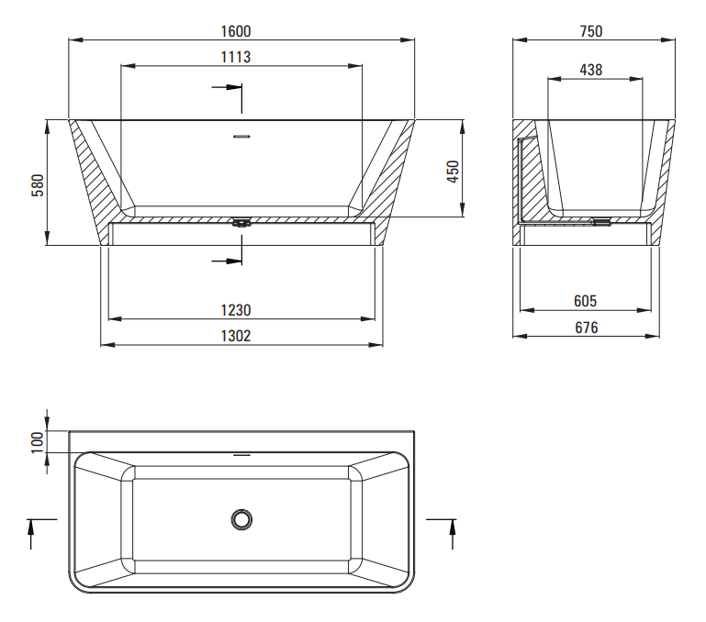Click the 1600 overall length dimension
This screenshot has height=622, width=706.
click(236, 31)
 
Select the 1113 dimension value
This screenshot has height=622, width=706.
click(236, 57)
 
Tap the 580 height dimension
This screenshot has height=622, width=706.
click(38, 185)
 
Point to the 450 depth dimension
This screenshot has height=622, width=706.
click(453, 172)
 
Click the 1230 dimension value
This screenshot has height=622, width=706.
click(236, 310)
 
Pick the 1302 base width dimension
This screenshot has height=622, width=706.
click(236, 336)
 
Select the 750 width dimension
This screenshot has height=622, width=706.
click(591, 31)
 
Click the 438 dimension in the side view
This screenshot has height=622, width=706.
click(591, 70)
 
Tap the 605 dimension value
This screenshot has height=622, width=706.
click(586, 301)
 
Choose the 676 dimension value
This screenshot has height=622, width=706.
click(587, 328)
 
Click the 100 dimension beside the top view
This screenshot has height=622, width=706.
click(38, 442)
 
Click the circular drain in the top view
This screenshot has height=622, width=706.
click(241, 519)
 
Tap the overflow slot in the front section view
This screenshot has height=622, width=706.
click(241, 136)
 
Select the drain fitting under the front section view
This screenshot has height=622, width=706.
click(241, 222)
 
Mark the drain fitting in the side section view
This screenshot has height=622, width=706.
click(601, 221)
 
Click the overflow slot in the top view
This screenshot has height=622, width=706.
click(241, 455)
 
